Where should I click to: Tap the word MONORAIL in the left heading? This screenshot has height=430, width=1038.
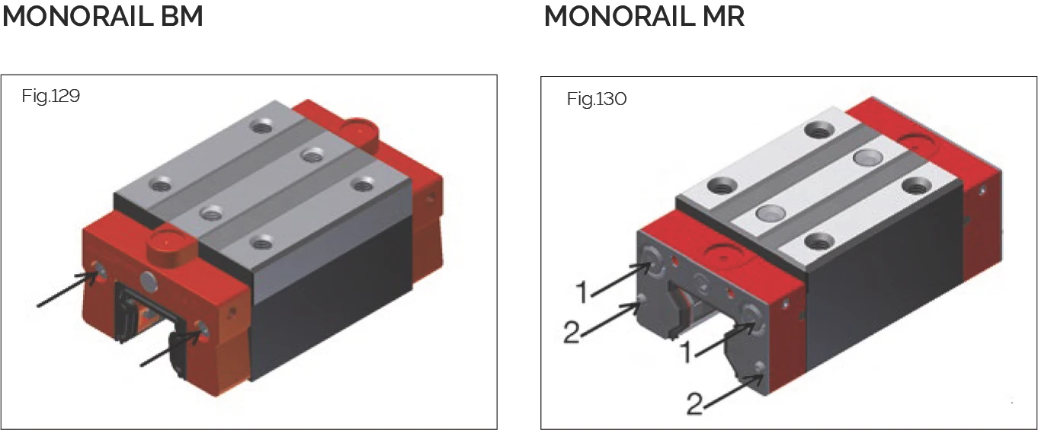pos(78,16)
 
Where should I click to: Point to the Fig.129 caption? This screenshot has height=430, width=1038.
pos(51,97)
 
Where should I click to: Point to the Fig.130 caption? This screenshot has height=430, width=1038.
pos(596,100)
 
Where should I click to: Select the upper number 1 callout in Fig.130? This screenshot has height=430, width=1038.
pos(581,291)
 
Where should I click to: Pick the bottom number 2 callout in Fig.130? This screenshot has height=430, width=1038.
pos(694,404)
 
